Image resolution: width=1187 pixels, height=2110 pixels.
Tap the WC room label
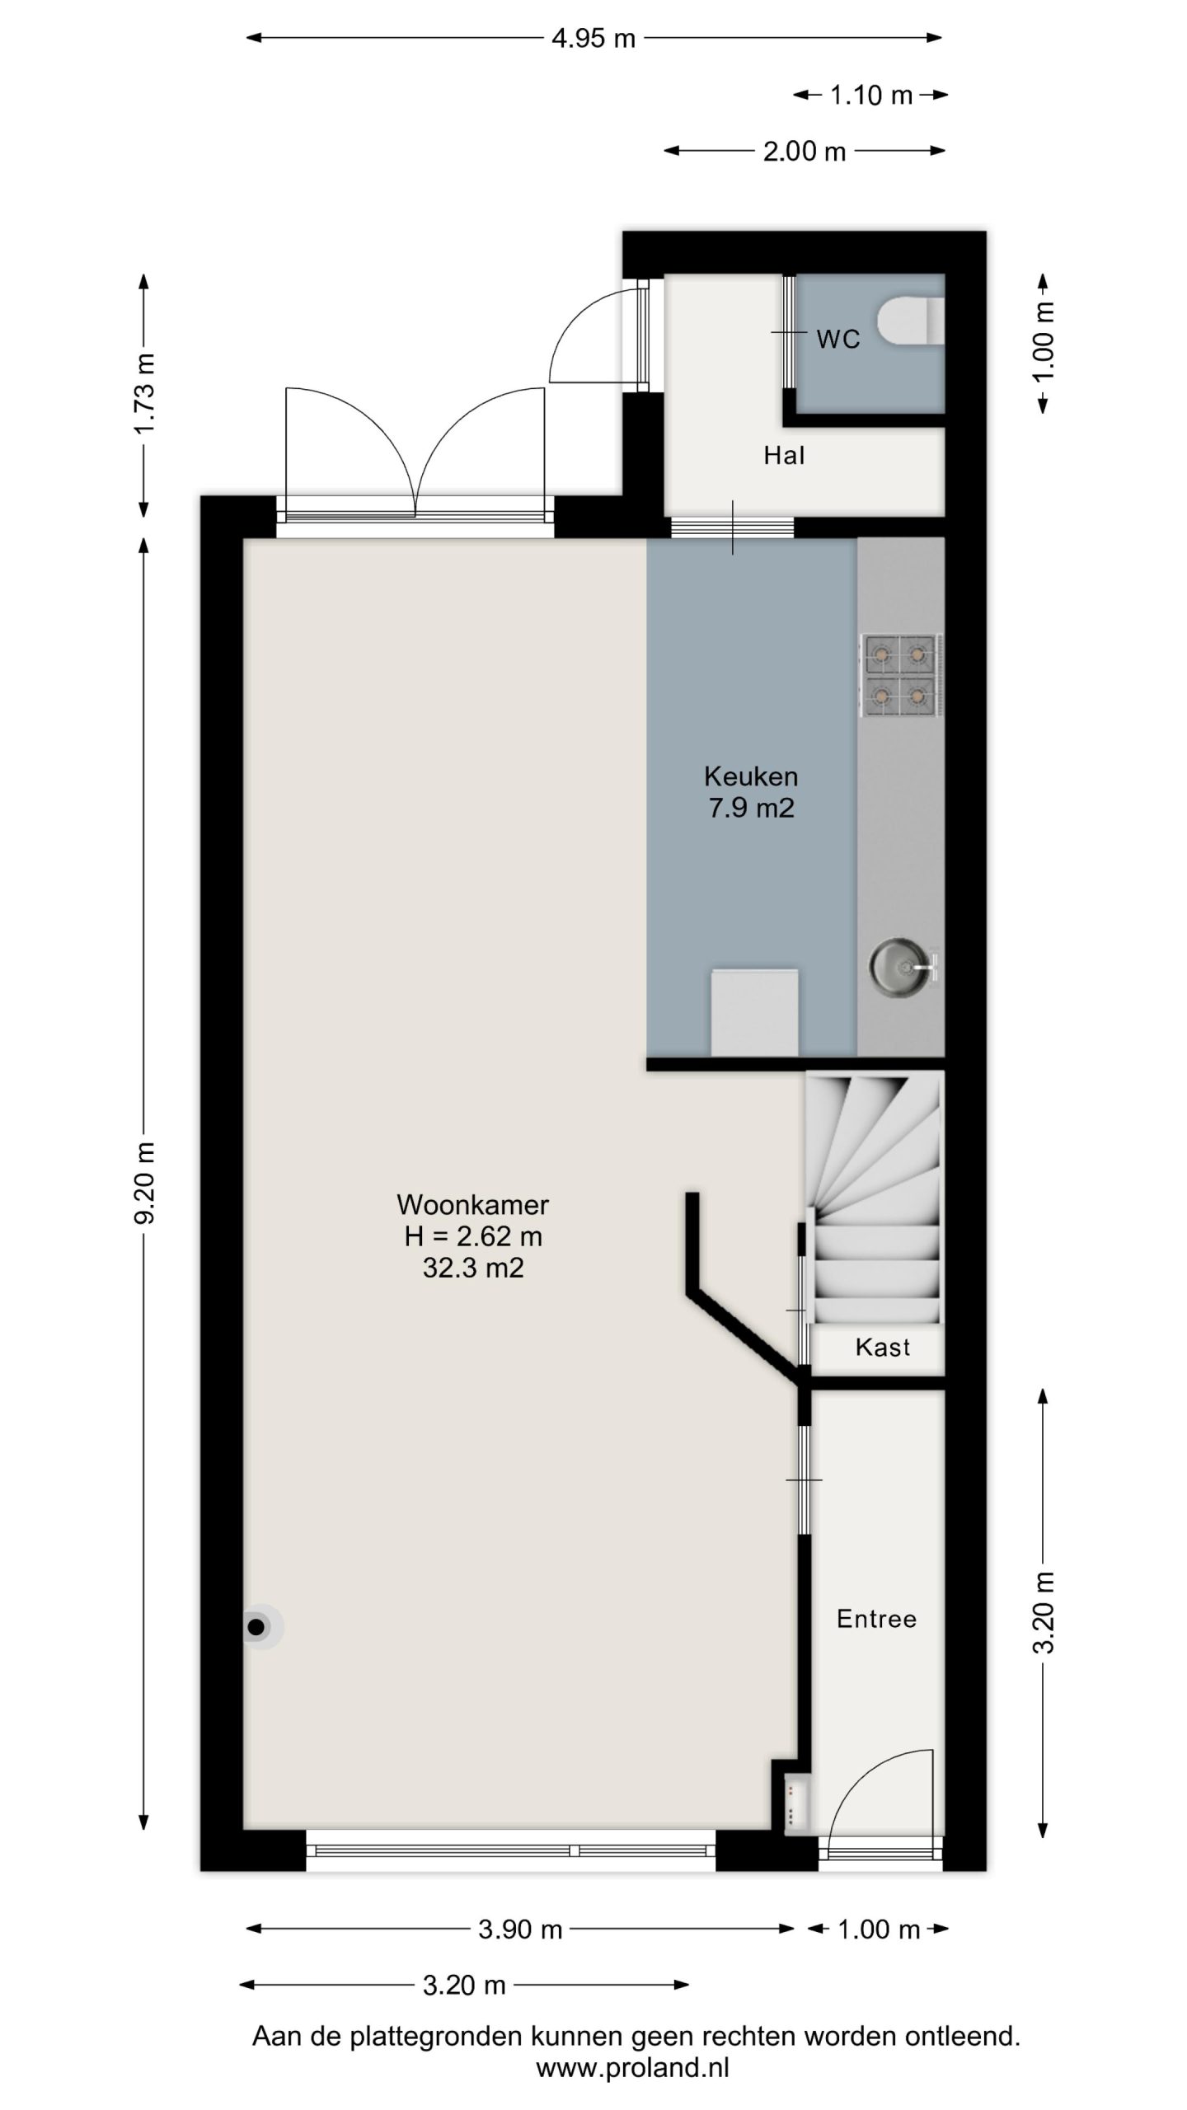837,340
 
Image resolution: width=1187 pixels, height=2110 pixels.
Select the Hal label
784,456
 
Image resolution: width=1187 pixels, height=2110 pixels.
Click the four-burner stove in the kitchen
901,675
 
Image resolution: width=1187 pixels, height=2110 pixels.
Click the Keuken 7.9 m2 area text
751,792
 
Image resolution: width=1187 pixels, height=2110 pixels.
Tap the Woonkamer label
472,1204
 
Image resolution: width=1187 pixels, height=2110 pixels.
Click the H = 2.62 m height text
472,1236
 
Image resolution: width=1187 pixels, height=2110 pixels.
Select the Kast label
882,1348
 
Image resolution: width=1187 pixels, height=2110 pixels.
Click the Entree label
876,1619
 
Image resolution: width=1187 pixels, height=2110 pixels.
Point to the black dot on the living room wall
256,1627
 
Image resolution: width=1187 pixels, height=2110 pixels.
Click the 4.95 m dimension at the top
593,38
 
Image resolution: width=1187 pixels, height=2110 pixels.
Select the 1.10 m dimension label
871,96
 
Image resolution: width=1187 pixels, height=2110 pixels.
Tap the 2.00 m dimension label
805,152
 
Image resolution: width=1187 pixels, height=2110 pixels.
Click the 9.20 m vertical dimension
145,1183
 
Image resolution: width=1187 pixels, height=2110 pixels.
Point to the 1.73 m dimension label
145,394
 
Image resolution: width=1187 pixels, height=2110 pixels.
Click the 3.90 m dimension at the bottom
520,1929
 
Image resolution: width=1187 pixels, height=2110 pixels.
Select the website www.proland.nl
633,2068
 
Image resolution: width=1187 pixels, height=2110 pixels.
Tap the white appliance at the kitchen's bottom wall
754,1012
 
